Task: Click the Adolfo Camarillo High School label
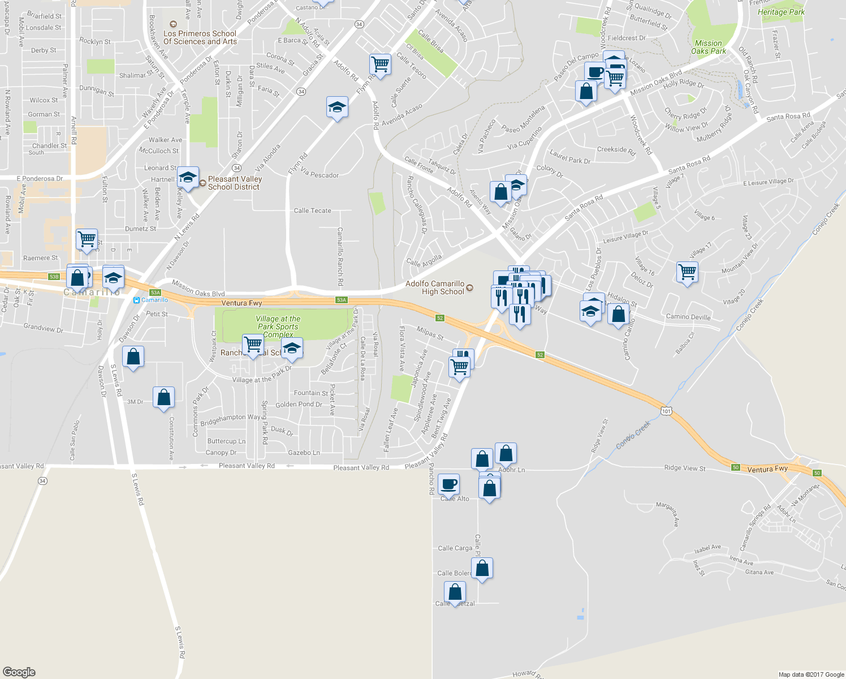tap(435, 287)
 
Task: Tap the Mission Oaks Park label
tap(708, 47)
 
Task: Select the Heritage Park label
tap(781, 12)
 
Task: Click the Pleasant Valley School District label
tap(235, 183)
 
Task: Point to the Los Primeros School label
tap(200, 37)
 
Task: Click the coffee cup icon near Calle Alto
tap(448, 484)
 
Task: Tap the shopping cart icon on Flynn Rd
tap(381, 65)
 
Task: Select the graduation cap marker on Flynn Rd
tap(337, 107)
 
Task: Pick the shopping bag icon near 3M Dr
tap(163, 397)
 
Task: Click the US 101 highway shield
tap(667, 411)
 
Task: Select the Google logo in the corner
tap(19, 672)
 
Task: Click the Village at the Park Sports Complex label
tap(278, 326)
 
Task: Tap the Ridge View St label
tap(685, 468)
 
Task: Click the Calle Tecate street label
tap(312, 210)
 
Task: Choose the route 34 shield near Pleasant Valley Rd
tap(42, 481)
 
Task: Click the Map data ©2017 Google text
tap(811, 674)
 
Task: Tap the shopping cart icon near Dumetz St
tap(87, 239)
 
